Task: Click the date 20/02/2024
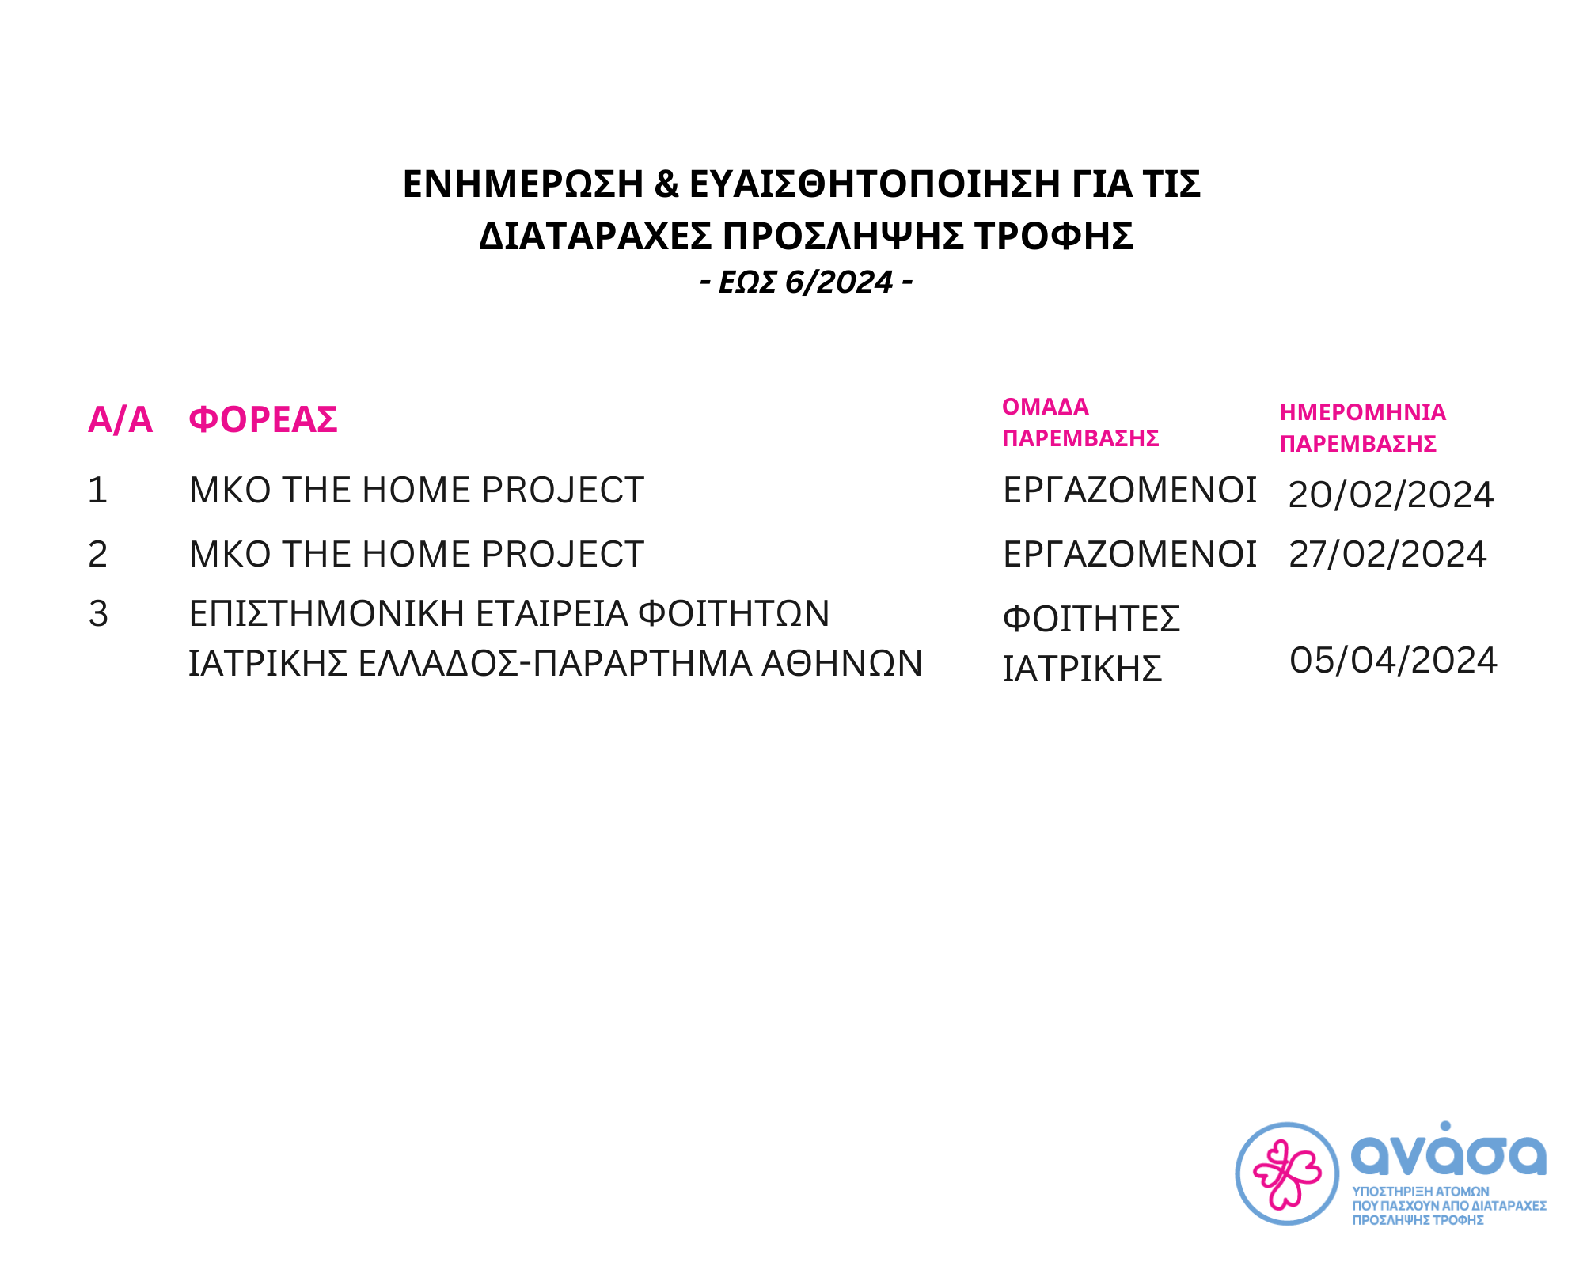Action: tap(1391, 495)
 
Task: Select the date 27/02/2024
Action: tap(1387, 554)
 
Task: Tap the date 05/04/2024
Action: tap(1393, 661)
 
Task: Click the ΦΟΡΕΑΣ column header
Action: tap(263, 419)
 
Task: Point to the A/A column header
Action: tap(120, 419)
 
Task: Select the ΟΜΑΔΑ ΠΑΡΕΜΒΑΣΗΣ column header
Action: tap(1080, 423)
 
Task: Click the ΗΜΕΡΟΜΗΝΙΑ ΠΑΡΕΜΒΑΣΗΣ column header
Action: tap(1362, 428)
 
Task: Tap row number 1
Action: tap(97, 491)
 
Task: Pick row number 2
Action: tap(97, 554)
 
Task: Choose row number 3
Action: tap(98, 614)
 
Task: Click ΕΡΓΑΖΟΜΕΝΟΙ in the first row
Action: tap(1129, 491)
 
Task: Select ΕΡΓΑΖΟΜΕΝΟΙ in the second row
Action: tap(1129, 554)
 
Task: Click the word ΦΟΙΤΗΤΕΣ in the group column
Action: tap(1091, 619)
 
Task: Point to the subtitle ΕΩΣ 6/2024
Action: tap(806, 282)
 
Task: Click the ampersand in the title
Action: tap(666, 184)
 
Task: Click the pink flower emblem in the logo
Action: tap(1287, 1174)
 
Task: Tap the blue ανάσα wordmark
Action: tap(1448, 1148)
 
